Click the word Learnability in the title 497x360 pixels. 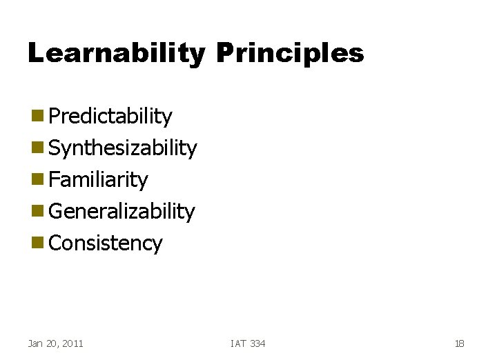pyautogui.click(x=116, y=53)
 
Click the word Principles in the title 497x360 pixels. pyautogui.click(x=289, y=53)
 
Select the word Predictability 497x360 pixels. pyautogui.click(x=110, y=117)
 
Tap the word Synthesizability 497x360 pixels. pyautogui.click(x=123, y=148)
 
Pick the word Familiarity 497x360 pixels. pyautogui.click(x=99, y=180)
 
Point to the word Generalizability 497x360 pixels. pyautogui.click(x=122, y=212)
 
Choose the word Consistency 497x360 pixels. pyautogui.click(x=106, y=243)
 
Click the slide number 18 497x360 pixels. pyautogui.click(x=460, y=343)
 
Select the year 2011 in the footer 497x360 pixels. pyautogui.click(x=72, y=343)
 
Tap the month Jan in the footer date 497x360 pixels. pyautogui.click(x=35, y=343)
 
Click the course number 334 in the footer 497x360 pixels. pyautogui.click(x=257, y=343)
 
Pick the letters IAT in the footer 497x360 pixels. pyautogui.click(x=239, y=343)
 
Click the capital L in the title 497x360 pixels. pyautogui.click(x=37, y=53)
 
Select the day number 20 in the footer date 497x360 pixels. pyautogui.click(x=51, y=343)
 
